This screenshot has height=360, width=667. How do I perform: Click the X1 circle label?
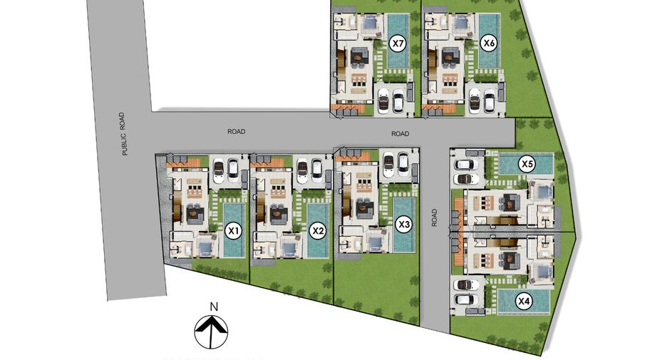[x=233, y=231]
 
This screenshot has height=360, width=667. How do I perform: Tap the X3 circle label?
[x=403, y=225]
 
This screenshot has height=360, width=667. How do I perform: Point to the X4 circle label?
[x=524, y=302]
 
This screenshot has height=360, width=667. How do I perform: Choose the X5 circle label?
[x=527, y=164]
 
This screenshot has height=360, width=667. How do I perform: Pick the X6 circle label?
[x=489, y=43]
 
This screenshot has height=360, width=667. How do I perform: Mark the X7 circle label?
[x=398, y=43]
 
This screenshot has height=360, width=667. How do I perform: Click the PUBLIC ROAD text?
[x=123, y=133]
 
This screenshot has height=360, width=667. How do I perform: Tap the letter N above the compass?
[x=214, y=307]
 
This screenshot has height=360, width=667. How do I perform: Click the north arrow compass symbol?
[x=212, y=332]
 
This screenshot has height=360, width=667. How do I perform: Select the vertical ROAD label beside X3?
[x=434, y=217]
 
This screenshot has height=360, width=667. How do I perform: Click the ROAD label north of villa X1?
[x=236, y=131]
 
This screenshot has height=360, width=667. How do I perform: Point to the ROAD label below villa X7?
[x=400, y=133]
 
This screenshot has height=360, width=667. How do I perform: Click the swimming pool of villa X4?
[x=524, y=302]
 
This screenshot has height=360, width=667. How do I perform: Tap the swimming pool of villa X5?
[x=526, y=164]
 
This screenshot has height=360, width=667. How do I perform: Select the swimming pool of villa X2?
[x=319, y=230]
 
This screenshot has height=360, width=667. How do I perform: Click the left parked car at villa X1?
[x=219, y=170]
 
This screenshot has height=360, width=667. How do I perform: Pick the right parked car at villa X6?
[x=489, y=101]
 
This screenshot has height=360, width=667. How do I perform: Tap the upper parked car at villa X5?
[x=467, y=164]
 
